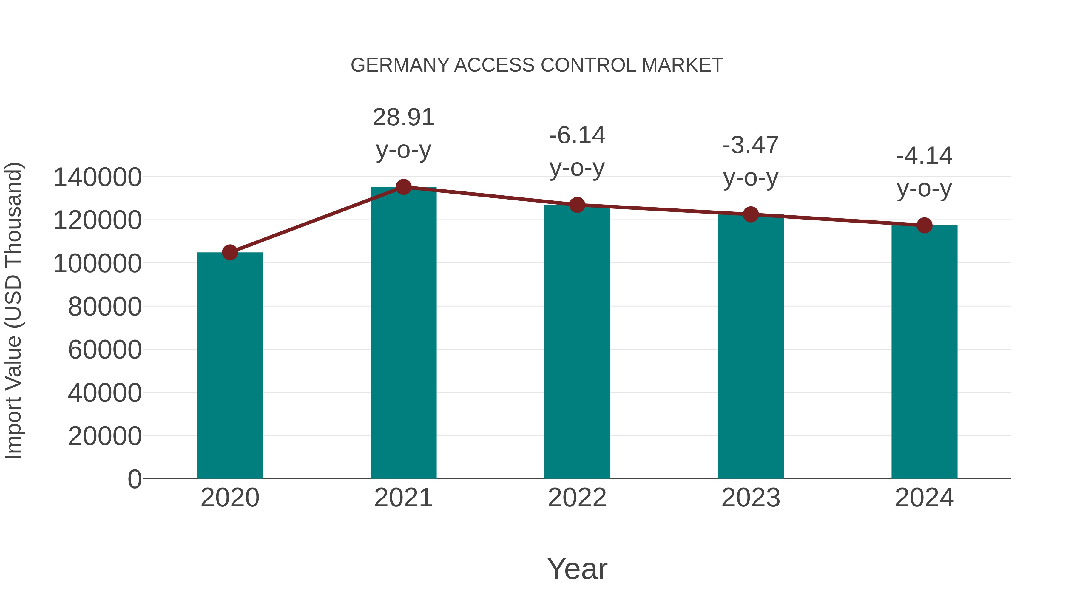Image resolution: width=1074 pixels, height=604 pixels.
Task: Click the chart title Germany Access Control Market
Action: point(537,65)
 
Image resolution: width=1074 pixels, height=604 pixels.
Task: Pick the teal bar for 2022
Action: point(577,342)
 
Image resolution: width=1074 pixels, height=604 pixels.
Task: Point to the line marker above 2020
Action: point(230,252)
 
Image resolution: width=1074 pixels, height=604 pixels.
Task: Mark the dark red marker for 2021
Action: point(403,187)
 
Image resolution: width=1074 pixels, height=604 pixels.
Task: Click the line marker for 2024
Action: point(924,225)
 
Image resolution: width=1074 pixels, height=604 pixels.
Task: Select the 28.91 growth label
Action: point(403,118)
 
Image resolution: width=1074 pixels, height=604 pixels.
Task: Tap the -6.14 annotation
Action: point(577,135)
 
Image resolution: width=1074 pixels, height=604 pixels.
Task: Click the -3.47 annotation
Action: point(751,146)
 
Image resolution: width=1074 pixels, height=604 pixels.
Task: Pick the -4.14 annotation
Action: point(924,156)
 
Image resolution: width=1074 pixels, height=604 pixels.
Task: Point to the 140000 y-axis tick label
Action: point(97,177)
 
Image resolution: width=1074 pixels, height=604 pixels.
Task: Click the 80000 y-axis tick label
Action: point(105,307)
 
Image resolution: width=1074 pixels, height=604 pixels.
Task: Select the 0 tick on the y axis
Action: point(134,479)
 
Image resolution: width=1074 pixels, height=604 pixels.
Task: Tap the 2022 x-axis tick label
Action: point(577,498)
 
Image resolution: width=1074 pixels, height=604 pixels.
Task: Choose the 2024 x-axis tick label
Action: point(924,498)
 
